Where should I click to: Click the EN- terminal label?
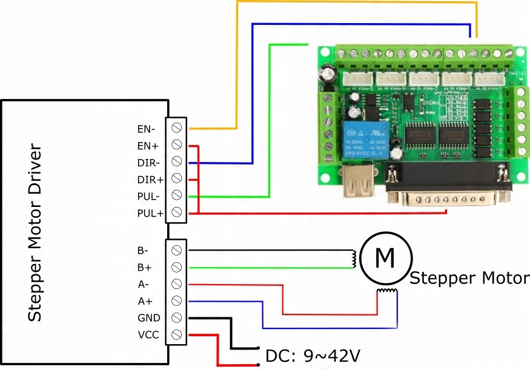point(146,129)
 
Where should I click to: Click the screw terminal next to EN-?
point(177,128)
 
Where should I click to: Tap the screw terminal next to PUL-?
point(177,195)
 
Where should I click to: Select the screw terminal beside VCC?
point(177,334)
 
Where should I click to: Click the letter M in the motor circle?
point(385,258)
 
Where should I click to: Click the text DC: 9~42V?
point(313,355)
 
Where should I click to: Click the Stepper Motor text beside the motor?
point(469,279)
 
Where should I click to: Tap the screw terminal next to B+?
point(177,267)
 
